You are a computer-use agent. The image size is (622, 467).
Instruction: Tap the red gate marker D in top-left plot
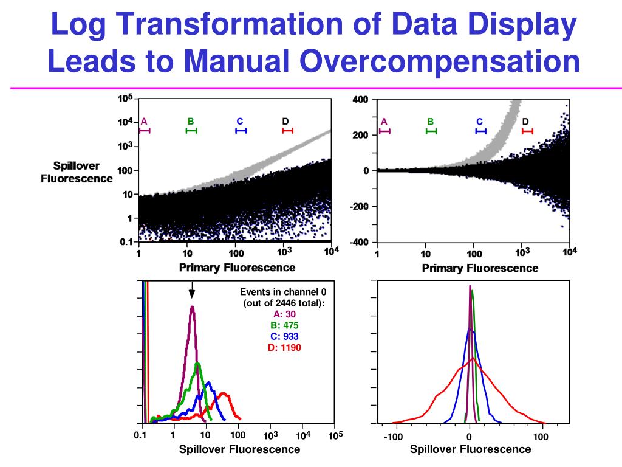(287, 130)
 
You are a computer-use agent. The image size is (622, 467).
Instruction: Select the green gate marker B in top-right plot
(431, 131)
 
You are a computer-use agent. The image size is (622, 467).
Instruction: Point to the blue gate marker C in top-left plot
(241, 130)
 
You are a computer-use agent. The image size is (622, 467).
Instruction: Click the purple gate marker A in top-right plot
(384, 131)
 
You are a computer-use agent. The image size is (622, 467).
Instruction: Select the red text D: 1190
(284, 347)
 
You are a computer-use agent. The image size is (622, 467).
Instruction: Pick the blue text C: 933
(284, 336)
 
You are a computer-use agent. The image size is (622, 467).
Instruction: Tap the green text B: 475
(284, 325)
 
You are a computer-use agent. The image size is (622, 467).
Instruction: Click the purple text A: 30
(284, 314)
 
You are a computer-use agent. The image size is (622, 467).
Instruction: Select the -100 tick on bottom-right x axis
(394, 437)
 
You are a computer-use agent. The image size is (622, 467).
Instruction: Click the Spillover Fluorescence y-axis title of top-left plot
(77, 172)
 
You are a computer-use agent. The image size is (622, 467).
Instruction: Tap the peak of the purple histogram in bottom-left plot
(192, 307)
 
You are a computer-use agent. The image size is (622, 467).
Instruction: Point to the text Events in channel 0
(283, 292)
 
